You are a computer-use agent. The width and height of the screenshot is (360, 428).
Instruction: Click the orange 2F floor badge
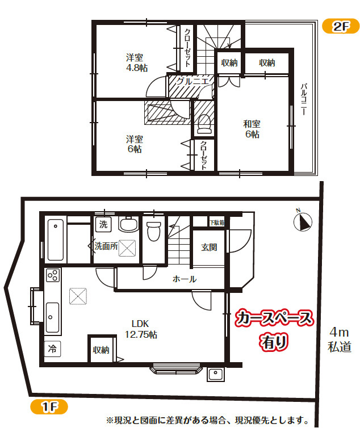(x=341, y=26)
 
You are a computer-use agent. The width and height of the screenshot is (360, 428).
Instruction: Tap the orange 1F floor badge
(x=49, y=406)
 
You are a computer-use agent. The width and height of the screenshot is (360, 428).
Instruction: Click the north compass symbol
(x=303, y=221)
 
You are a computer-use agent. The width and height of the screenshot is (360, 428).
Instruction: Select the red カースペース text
(x=274, y=318)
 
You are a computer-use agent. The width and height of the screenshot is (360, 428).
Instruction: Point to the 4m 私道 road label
(x=340, y=340)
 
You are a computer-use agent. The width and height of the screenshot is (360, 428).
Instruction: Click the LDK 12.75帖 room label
(x=141, y=329)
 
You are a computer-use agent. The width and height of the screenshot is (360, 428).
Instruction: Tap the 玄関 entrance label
(x=209, y=247)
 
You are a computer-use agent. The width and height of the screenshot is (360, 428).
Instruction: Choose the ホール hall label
(x=185, y=279)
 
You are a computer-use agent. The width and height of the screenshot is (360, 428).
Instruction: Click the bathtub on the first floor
(x=56, y=240)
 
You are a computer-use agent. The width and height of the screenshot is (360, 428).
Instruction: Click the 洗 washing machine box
(x=103, y=224)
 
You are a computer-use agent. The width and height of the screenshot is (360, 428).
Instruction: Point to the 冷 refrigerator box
(x=52, y=349)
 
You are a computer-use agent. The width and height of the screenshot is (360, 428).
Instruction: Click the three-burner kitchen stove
(x=53, y=275)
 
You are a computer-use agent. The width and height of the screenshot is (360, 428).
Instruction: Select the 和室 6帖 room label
(x=252, y=129)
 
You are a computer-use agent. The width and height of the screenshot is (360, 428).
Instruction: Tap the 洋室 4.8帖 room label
(x=137, y=62)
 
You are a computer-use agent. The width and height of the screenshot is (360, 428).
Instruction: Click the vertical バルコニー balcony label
(x=304, y=99)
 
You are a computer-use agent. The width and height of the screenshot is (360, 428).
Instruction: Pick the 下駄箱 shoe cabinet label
(x=217, y=223)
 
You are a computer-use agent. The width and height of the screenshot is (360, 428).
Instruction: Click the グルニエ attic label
(x=192, y=81)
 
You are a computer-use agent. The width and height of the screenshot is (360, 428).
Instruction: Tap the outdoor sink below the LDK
(x=216, y=374)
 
